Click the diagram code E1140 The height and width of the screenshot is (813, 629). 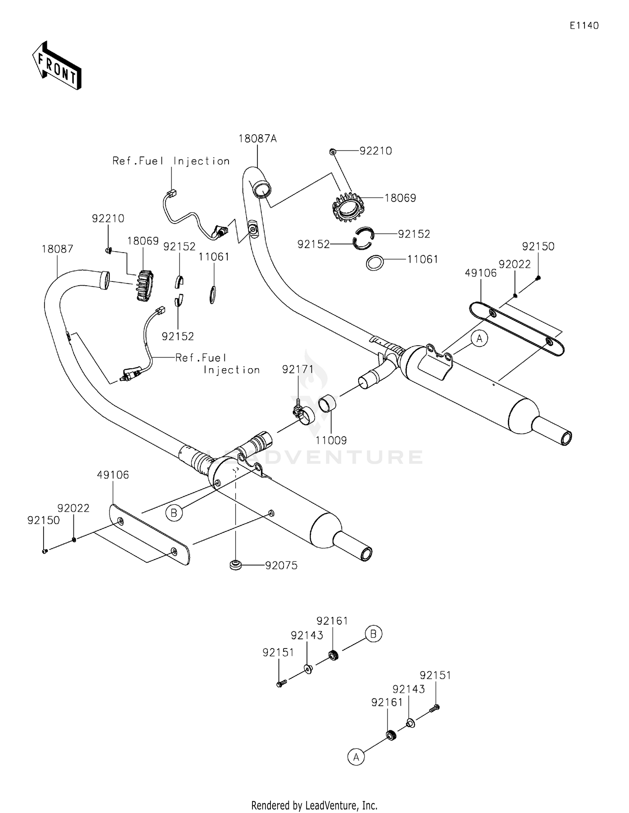584,26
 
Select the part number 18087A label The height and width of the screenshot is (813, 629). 257,139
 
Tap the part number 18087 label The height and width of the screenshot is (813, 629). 57,249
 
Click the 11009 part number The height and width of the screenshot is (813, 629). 331,440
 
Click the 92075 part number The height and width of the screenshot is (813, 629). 281,565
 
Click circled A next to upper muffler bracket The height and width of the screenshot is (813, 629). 479,338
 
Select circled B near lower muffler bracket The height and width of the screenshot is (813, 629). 174,512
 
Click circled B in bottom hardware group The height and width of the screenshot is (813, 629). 373,633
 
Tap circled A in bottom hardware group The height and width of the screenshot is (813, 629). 356,757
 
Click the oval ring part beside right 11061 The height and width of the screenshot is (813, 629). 375,263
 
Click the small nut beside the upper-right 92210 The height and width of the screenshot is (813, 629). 332,151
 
